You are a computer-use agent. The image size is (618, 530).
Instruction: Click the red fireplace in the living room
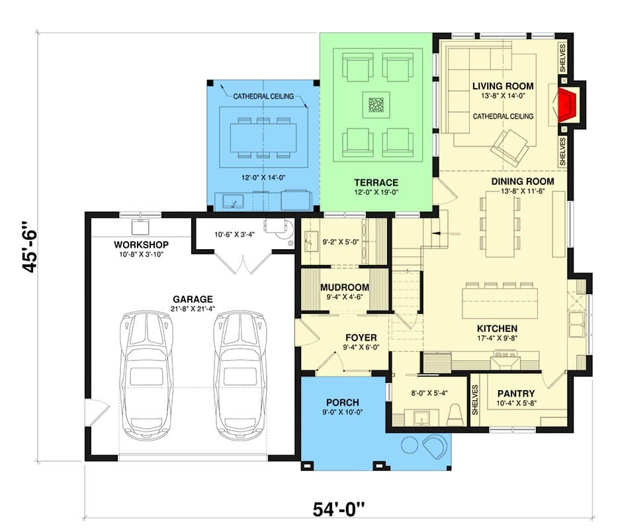point(568,104)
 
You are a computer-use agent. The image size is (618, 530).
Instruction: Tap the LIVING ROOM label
point(503,86)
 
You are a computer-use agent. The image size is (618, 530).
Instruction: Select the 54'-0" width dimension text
point(339,511)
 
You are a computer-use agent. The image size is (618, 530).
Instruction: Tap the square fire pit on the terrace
point(376,106)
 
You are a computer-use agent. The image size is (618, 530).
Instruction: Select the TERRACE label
point(376,183)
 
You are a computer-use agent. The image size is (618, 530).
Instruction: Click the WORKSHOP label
point(142,244)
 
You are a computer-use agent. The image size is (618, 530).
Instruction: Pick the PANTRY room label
point(515,392)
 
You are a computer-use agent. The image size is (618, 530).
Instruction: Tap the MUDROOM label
point(344,287)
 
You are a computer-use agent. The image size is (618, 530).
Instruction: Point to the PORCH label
point(343,402)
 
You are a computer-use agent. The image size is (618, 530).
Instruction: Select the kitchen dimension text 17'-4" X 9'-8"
point(497,339)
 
